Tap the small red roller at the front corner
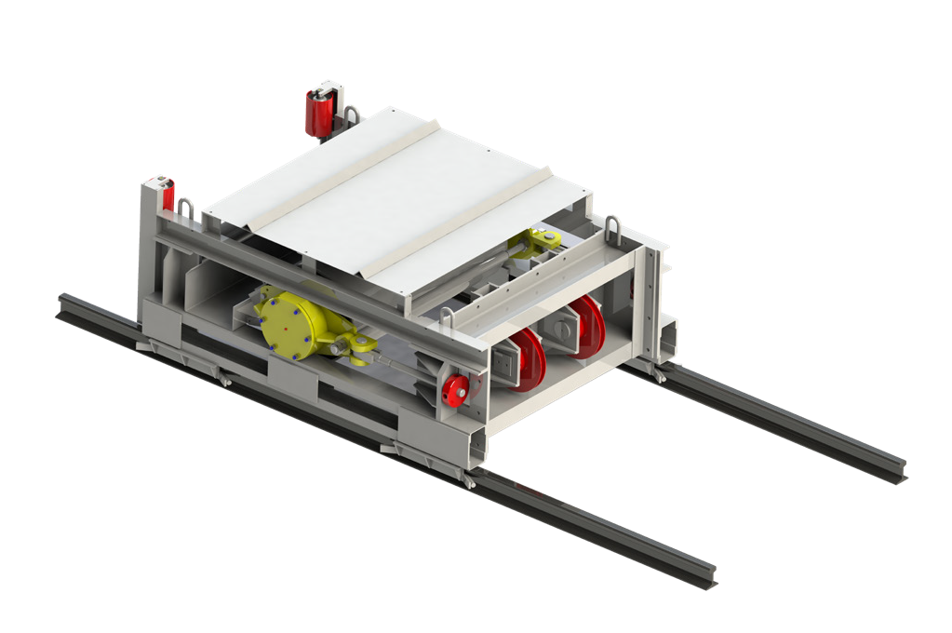[457, 390]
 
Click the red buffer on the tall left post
[168, 195]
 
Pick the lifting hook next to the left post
[185, 211]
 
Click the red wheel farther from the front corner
[584, 327]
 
